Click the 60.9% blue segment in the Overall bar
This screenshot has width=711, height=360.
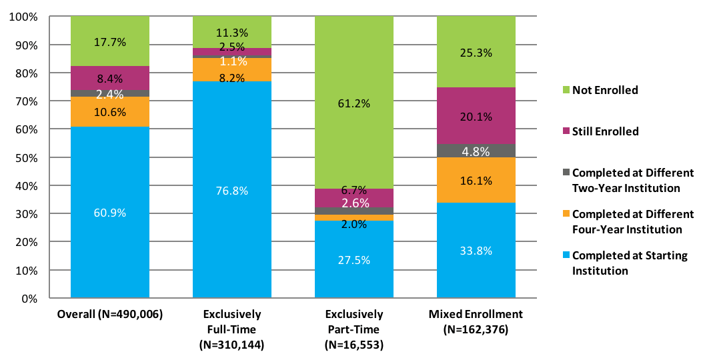(x=109, y=212)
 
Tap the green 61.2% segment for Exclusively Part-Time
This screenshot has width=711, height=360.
(x=353, y=103)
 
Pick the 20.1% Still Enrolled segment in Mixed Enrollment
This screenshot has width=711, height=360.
(x=476, y=116)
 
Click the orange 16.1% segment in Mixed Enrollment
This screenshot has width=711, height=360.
(x=476, y=180)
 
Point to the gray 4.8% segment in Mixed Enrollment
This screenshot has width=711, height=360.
(x=476, y=151)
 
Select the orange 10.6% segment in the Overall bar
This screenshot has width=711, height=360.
(x=109, y=111)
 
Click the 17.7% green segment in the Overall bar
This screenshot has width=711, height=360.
(x=109, y=41)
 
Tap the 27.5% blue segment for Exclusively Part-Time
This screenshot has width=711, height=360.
(x=353, y=259)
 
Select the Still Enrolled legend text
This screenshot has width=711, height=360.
(x=605, y=131)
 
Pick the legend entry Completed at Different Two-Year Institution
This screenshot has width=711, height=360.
(x=632, y=180)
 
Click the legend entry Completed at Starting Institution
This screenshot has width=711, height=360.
(x=629, y=263)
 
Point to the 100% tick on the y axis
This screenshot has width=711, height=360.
(x=26, y=17)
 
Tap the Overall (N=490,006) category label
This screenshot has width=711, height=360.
(x=109, y=313)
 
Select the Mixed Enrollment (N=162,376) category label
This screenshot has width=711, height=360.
(x=476, y=321)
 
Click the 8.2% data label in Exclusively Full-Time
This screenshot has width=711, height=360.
(x=231, y=78)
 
